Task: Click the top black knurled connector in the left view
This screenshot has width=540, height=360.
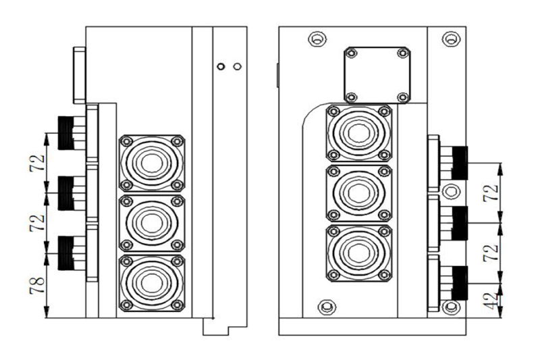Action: [x=66, y=132]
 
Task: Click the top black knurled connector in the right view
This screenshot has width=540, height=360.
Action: [x=460, y=163]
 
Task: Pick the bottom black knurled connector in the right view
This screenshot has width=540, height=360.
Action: [x=460, y=282]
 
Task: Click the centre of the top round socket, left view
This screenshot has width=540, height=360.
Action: [x=151, y=163]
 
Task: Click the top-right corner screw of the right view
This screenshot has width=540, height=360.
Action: [x=448, y=39]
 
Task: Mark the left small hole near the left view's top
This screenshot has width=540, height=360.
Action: [x=220, y=66]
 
